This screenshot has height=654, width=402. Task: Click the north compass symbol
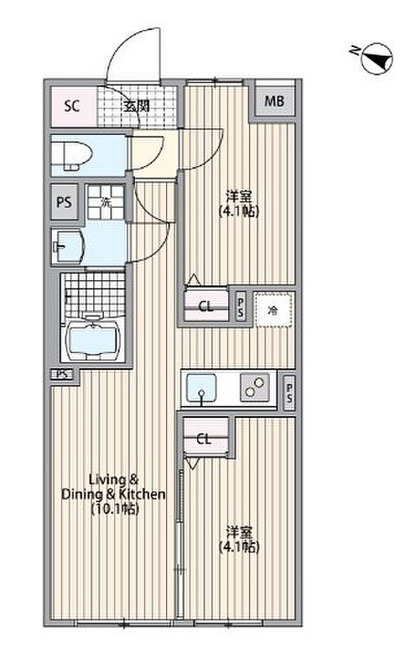[377, 59]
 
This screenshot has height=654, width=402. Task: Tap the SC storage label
[72, 106]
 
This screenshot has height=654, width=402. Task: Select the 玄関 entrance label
[136, 106]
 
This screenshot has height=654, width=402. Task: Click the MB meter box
[274, 101]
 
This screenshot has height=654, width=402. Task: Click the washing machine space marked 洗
[106, 202]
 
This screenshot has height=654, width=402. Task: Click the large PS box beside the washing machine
[64, 202]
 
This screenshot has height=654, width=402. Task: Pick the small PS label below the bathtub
[62, 374]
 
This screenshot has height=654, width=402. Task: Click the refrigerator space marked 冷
[273, 310]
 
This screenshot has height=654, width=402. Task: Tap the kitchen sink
[202, 388]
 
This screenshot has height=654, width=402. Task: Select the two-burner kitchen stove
[255, 388]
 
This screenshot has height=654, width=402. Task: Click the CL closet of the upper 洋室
[206, 306]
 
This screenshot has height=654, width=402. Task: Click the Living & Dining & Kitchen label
[113, 494]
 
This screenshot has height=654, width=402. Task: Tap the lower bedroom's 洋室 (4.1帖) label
[239, 539]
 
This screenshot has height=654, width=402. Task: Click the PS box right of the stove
[289, 393]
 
